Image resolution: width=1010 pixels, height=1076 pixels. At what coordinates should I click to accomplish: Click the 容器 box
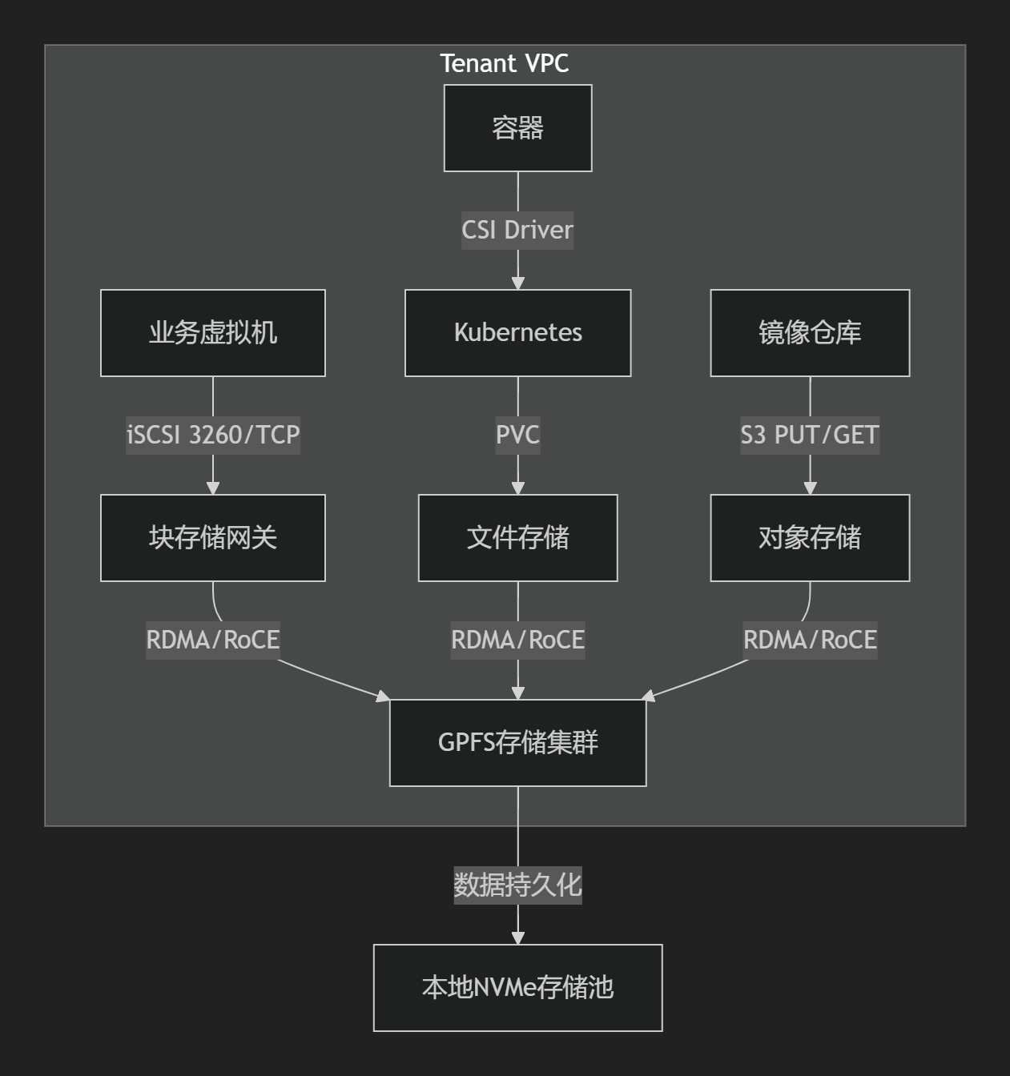point(517,128)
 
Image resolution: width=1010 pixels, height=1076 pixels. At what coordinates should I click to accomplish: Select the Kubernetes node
point(517,333)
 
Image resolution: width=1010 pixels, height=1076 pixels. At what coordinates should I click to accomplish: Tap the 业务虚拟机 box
point(213,333)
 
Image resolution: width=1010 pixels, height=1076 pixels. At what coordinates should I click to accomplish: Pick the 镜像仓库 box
point(810,333)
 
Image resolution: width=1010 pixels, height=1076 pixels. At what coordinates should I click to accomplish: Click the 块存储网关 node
point(213,538)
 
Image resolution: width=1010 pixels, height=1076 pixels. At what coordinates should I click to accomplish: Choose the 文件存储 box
point(517,538)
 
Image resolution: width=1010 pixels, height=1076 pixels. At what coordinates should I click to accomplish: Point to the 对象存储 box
point(810,538)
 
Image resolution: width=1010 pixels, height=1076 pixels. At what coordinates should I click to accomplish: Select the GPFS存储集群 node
point(517,743)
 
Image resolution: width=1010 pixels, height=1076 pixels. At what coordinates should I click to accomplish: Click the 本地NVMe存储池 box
point(517,988)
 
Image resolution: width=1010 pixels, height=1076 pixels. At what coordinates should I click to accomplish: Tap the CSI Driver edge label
point(517,231)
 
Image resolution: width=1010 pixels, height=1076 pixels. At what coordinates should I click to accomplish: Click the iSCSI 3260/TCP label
point(213,436)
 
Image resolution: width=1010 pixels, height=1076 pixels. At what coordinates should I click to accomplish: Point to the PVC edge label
point(517,436)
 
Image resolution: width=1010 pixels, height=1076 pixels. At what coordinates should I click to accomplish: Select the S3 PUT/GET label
point(810,436)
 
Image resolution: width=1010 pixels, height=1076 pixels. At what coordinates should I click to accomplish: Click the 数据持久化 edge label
point(517,885)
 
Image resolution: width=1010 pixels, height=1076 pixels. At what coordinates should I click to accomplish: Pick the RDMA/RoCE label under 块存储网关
point(213,640)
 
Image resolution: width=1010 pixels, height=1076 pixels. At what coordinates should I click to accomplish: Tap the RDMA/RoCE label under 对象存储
point(810,640)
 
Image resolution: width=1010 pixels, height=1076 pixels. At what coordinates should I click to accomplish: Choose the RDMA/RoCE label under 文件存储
point(517,640)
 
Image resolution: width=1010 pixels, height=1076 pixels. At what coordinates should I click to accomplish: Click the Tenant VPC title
point(505,63)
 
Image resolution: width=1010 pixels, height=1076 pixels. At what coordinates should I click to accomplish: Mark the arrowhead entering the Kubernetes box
point(517,283)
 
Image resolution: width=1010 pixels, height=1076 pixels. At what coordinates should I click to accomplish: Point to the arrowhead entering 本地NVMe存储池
point(517,938)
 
